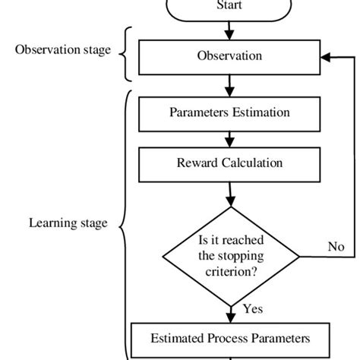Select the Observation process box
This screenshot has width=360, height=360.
coord(229,55)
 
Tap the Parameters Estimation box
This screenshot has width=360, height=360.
coord(229,112)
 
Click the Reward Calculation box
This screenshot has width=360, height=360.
coord(229,163)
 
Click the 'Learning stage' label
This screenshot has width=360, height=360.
coord(68,223)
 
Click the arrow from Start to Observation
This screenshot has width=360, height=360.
coord(229,31)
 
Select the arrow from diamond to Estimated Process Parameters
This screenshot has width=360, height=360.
coord(229,311)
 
